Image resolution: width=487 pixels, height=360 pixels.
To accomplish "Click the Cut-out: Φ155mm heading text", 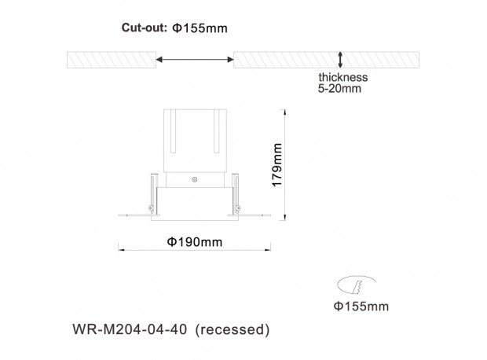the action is pos(174,28).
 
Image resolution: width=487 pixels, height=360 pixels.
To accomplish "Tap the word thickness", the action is pos(343,77).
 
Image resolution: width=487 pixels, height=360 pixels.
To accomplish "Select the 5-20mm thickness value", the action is pos(339,89).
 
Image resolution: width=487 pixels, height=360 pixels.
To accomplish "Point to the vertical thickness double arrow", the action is pos(340,60).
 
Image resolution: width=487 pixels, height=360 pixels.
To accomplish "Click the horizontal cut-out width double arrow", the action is pos(195,60).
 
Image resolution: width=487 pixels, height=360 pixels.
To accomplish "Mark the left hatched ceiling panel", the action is pos(112,60).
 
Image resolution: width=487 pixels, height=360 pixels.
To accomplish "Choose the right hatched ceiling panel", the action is pos(326,60).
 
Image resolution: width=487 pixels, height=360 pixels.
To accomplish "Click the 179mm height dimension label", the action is pos(276,165).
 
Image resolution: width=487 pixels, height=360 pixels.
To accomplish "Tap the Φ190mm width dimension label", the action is pos(195,242).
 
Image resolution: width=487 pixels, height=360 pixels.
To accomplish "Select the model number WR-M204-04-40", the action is pos(130,329).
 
